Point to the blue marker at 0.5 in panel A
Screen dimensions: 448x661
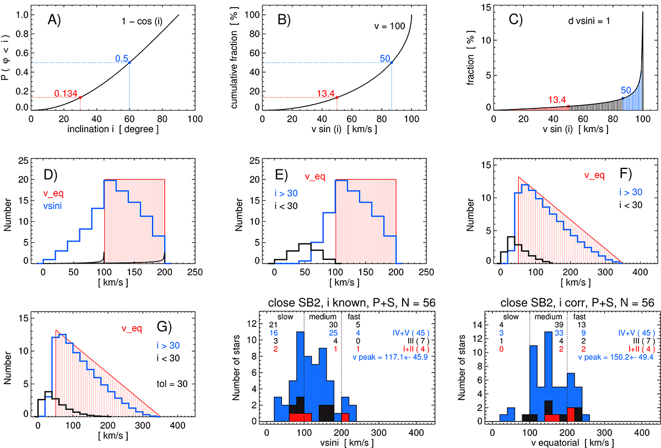click(129, 63)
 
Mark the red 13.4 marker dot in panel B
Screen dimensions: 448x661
click(337, 97)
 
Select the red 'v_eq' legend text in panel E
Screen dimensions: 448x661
click(315, 177)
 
